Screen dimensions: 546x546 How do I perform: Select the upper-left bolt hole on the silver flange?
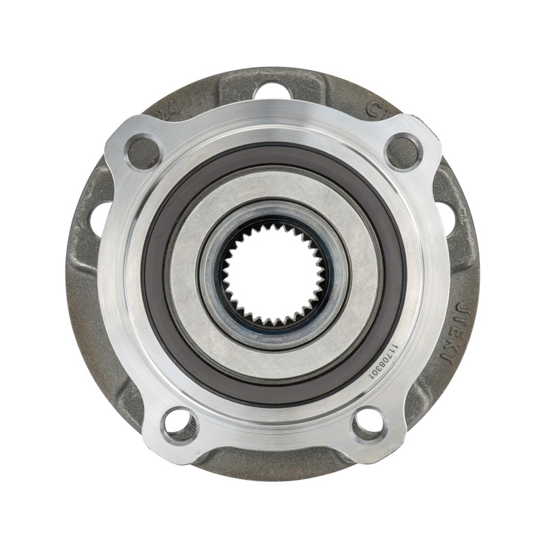pyautogui.click(x=143, y=153)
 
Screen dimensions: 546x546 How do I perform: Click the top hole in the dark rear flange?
pyautogui.click(x=273, y=90)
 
